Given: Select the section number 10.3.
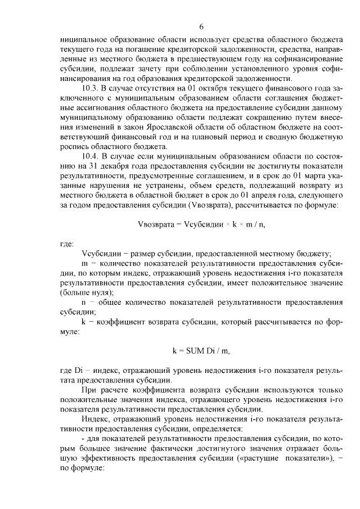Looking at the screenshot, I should (91, 89).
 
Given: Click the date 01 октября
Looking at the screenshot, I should (188, 89).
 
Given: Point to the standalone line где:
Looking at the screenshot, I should (66, 244).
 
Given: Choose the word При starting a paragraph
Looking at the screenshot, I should (90, 389).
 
